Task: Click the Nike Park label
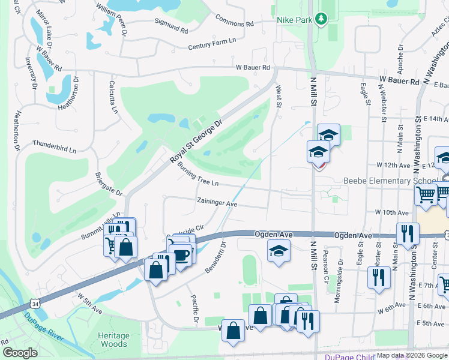pos(295,19)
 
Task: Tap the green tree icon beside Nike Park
pos(322,19)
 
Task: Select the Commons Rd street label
pos(234,21)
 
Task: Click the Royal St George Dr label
pos(196,141)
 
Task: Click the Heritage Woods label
pos(113,340)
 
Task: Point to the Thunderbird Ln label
pos(55,146)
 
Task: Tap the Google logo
pos(20,353)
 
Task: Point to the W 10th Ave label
pos(391,212)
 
